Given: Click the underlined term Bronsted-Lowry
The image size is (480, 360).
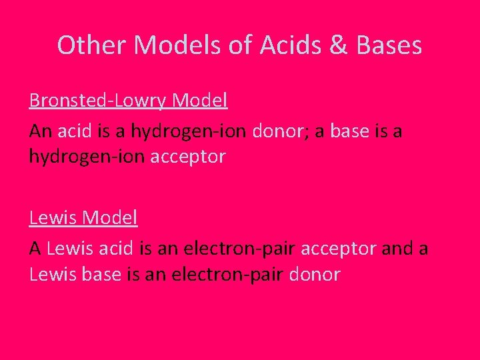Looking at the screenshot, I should (98, 101).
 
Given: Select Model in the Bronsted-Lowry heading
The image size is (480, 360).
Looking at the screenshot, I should (200, 101).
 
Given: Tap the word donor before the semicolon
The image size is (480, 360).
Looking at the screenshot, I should (277, 131).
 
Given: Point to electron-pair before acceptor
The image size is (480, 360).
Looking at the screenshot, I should (239, 249).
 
